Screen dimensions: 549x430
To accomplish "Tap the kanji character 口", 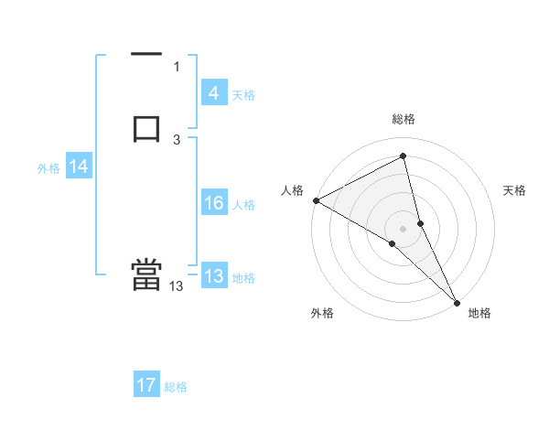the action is tap(146, 127).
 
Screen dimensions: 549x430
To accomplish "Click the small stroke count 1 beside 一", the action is tap(177, 67).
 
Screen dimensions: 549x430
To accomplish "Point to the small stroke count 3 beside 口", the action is tap(177, 140).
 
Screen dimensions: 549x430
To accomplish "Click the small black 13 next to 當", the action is tap(177, 286).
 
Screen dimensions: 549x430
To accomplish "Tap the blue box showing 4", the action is tap(213, 93).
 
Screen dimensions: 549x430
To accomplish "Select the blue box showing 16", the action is tap(213, 203).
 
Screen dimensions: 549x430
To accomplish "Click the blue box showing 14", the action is tap(78, 167).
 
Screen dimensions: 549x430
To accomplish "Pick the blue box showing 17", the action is tap(146, 385).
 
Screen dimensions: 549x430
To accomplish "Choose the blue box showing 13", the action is tap(213, 276).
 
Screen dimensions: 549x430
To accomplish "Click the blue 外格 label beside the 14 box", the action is tap(48, 168).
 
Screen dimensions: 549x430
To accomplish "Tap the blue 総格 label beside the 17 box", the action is tap(176, 387).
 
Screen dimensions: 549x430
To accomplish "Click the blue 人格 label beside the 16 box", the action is tap(244, 205).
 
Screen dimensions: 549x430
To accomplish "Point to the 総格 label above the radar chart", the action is tap(404, 119).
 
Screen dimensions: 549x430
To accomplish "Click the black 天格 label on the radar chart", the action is tap(515, 190).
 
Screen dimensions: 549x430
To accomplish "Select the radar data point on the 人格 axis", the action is tap(316, 200).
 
